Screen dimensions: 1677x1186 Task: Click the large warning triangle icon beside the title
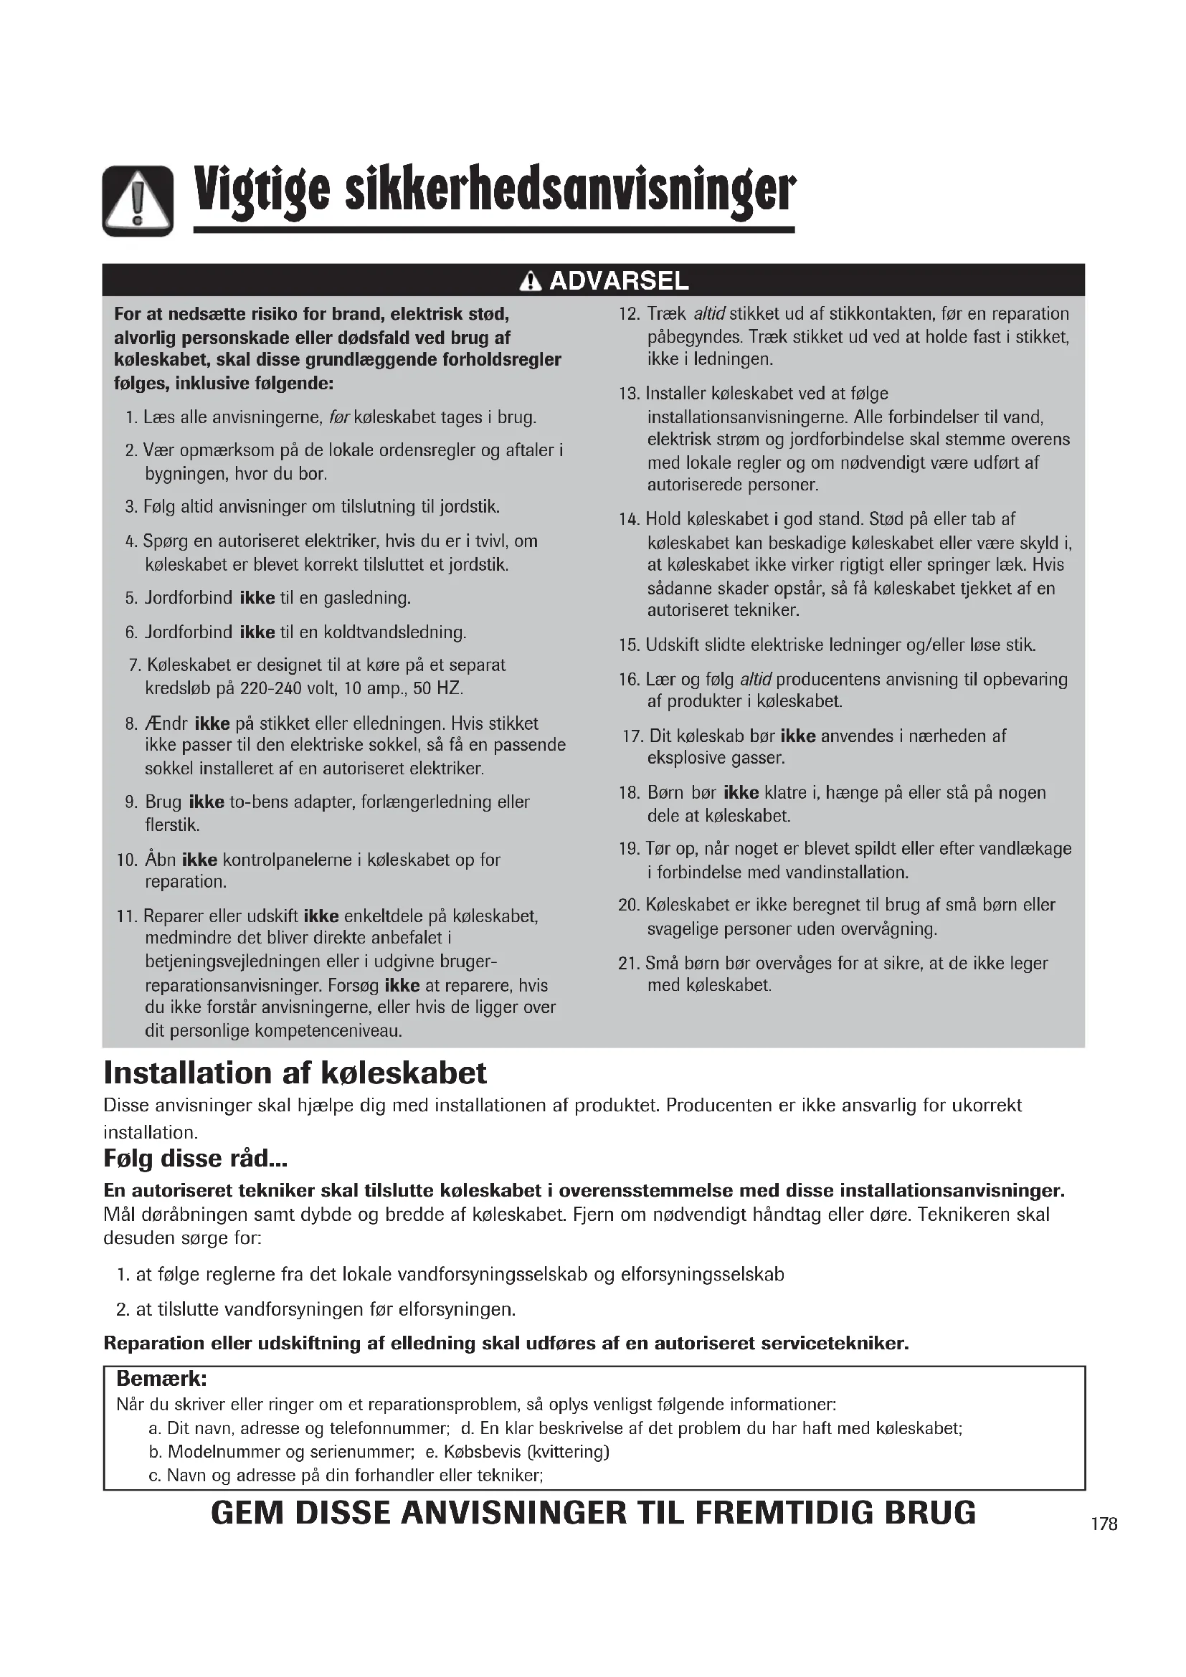click(x=137, y=201)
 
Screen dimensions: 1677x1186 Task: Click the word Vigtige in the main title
click(x=260, y=191)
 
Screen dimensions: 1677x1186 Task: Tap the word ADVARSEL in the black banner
click(x=619, y=280)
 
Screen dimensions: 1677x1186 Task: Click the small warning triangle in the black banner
click(x=530, y=281)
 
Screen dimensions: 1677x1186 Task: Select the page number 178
click(x=1104, y=1524)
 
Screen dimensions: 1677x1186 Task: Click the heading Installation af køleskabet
click(x=295, y=1073)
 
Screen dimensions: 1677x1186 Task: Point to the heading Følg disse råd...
click(x=195, y=1159)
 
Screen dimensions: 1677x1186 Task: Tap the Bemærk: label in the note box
click(x=162, y=1379)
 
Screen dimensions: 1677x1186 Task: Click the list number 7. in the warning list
click(x=133, y=665)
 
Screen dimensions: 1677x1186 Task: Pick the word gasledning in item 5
click(x=367, y=598)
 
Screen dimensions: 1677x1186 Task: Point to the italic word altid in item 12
click(x=708, y=314)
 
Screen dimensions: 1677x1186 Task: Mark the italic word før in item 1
click(x=340, y=418)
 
